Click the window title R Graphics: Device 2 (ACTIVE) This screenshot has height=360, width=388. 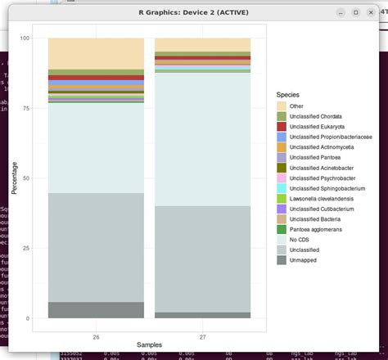193,12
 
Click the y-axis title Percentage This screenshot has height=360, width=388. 14,178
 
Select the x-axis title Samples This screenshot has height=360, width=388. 150,345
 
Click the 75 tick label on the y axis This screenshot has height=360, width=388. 25,108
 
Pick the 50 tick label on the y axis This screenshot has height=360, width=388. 25,178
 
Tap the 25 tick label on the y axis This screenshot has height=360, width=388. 25,248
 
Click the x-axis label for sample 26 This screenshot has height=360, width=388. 97,336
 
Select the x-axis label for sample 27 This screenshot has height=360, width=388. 203,336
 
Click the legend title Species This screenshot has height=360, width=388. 288,94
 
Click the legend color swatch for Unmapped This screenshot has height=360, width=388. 281,260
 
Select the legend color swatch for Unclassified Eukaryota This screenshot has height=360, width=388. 281,127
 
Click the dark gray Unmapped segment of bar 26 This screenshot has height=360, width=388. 97,310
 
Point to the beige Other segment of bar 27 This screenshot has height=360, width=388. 203,44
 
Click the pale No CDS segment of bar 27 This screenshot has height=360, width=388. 203,139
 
